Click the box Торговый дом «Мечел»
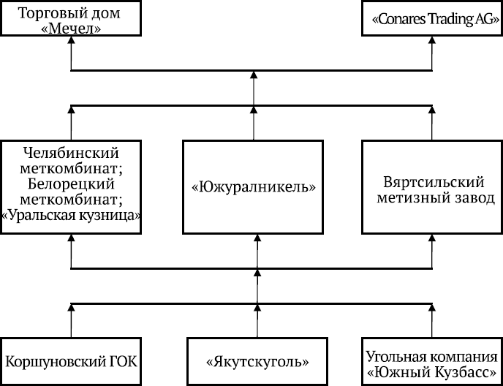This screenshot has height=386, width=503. pos(71,20)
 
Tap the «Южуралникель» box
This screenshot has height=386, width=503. pos(252,186)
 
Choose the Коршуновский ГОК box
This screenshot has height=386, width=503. pos(71,361)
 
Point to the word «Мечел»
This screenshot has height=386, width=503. pos(71,29)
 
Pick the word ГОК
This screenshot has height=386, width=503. pos(120,362)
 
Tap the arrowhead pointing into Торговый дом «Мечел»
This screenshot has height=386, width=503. pos(71,43)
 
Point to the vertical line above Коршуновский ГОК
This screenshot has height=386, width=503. pos(71,322)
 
